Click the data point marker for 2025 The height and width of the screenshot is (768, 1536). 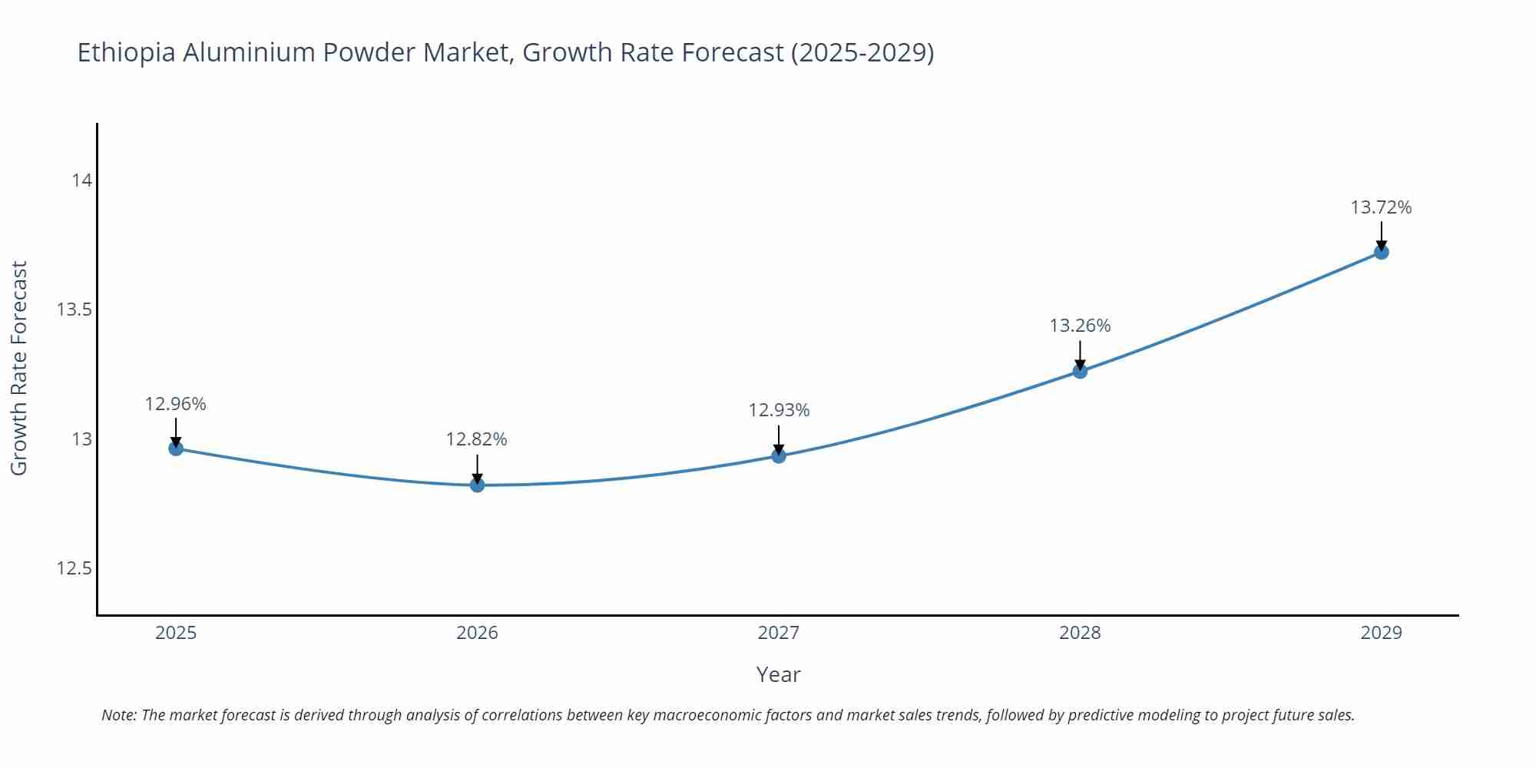[176, 449]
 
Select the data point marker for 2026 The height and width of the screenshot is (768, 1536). [477, 485]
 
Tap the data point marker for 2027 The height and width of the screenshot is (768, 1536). [779, 456]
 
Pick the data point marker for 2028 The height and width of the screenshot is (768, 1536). [1080, 372]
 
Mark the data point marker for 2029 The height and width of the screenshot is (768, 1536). [1381, 252]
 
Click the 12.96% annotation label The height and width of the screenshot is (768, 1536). [176, 404]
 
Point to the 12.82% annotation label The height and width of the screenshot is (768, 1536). [477, 439]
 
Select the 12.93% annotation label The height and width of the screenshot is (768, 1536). [779, 410]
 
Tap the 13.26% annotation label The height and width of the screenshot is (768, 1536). [1080, 326]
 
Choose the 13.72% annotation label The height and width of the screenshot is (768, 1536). [1381, 207]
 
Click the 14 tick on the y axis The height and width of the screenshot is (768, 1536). [81, 180]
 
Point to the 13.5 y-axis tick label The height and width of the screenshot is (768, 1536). [74, 310]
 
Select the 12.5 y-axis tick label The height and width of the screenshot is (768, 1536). [74, 568]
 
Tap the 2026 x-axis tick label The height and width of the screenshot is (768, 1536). [477, 633]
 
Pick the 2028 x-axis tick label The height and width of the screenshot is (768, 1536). [1080, 633]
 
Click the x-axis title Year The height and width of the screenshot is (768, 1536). [778, 674]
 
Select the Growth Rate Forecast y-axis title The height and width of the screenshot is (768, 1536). [19, 368]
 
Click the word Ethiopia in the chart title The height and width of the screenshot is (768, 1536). [127, 53]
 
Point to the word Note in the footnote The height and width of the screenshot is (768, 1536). [118, 715]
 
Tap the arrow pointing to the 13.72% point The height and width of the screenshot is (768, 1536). [1381, 235]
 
